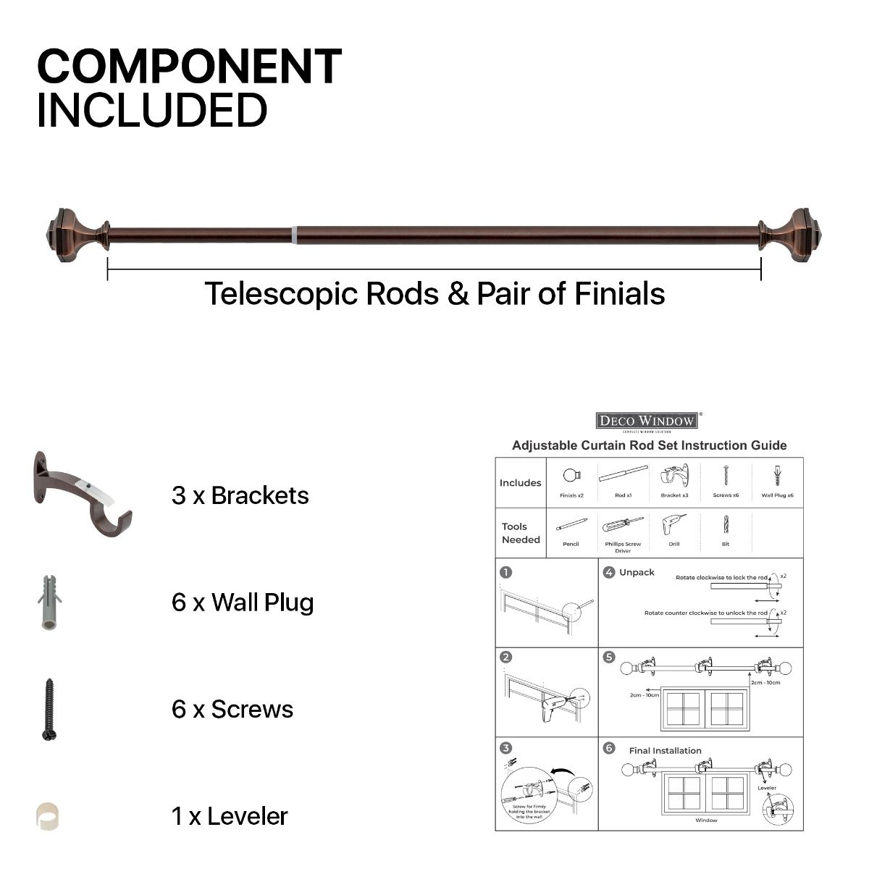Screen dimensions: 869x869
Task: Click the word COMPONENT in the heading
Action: tap(189, 67)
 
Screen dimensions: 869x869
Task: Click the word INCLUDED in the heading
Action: tap(152, 110)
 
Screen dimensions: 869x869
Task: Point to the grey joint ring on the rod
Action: tap(294, 235)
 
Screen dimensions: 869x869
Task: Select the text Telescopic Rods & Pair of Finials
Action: tap(434, 294)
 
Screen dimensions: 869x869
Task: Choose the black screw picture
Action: tap(49, 710)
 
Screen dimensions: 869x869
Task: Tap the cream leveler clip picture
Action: tap(48, 816)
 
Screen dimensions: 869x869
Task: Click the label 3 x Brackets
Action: tap(240, 496)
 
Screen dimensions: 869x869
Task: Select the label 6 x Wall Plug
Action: tap(243, 603)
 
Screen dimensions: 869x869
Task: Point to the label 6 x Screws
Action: tap(232, 710)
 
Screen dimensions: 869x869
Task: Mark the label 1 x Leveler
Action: tap(230, 817)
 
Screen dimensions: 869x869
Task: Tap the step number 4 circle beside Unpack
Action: tap(609, 572)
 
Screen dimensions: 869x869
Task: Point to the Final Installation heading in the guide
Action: tap(665, 751)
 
